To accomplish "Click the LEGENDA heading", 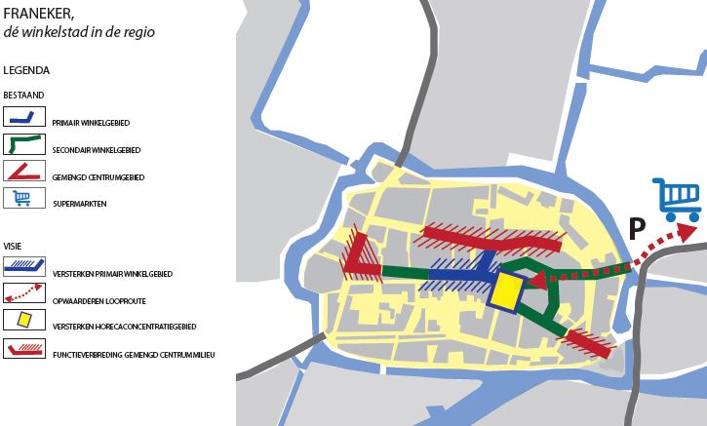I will coord(26,71).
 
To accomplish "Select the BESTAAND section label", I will coord(22,98).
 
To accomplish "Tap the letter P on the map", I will coord(636,230).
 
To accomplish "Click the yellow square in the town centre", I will coord(506,290).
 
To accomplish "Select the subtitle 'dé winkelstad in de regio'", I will coord(79,32).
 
